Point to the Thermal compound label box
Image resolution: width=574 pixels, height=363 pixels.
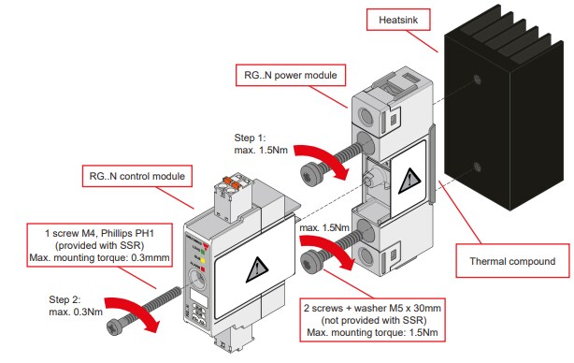(x=513, y=261)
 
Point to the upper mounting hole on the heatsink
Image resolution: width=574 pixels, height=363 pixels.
(x=479, y=81)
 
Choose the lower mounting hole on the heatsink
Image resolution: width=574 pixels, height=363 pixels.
(x=479, y=169)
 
